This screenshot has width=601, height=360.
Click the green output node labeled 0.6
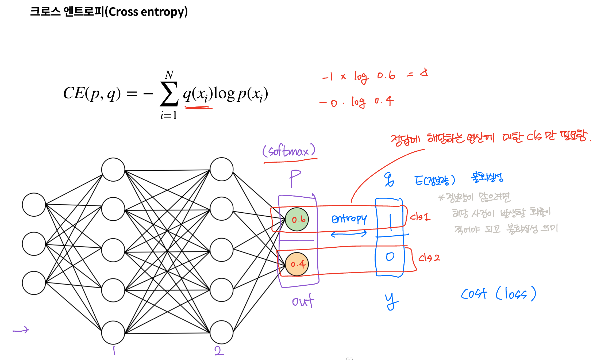click(297, 219)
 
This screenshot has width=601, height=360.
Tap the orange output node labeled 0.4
click(297, 264)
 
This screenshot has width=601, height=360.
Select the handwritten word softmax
click(289, 151)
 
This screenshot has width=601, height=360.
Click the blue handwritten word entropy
click(349, 219)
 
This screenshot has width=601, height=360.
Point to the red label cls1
click(420, 216)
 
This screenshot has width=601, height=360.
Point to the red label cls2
click(429, 258)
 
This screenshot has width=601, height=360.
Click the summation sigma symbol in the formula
click(169, 94)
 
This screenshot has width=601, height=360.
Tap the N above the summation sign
click(169, 75)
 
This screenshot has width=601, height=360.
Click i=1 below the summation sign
click(169, 115)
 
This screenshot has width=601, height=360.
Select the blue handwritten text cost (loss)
click(498, 294)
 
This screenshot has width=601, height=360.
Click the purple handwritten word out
click(303, 301)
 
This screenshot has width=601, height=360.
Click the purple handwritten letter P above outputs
click(295, 178)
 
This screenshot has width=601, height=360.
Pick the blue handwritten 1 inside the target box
click(391, 222)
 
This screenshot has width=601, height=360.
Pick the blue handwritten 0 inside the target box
click(390, 257)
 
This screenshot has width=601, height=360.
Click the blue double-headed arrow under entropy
click(349, 234)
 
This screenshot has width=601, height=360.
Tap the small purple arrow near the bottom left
click(21, 330)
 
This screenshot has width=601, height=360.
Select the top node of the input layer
click(34, 205)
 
